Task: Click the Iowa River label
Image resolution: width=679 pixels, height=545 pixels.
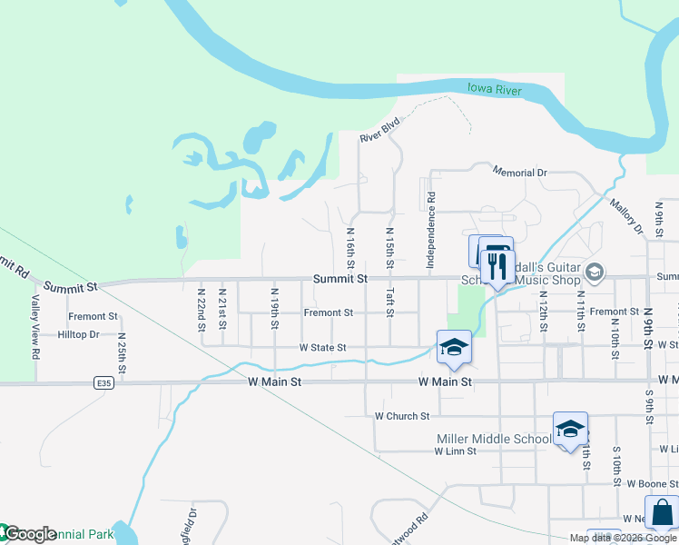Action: [494, 90]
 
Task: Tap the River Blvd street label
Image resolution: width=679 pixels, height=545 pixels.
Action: [379, 131]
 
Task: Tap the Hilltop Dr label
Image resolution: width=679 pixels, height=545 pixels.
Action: [78, 334]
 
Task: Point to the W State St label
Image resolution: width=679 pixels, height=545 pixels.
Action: [322, 347]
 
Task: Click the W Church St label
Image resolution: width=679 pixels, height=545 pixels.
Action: [401, 416]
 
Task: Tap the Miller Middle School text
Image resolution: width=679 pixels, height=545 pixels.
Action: [493, 439]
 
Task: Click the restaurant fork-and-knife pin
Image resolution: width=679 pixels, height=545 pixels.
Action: [496, 263]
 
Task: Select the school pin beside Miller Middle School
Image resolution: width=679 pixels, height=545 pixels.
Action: [570, 430]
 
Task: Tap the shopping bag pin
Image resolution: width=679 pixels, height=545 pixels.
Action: [661, 512]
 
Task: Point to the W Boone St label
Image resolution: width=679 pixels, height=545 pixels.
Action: [647, 483]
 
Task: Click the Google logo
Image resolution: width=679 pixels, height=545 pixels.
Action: [29, 534]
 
